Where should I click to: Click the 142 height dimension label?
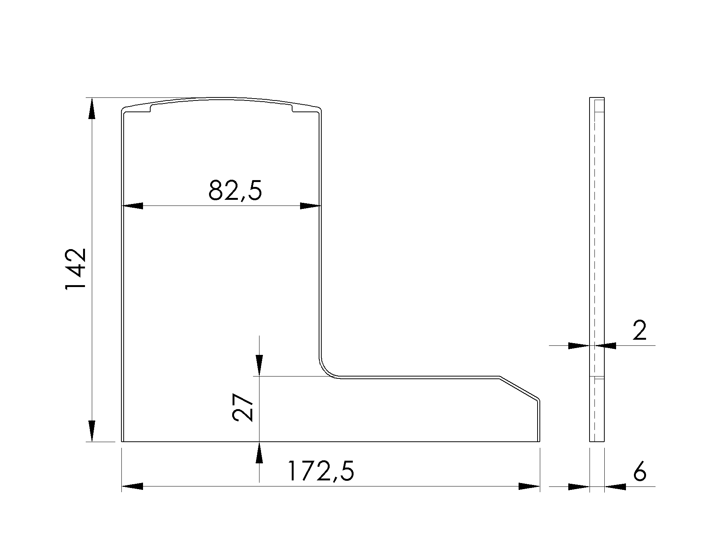[76, 270]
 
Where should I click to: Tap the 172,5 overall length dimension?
[321, 471]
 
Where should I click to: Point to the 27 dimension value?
[242, 407]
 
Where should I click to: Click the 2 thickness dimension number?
[640, 331]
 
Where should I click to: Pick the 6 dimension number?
[640, 471]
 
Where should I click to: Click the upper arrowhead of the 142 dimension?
[91, 110]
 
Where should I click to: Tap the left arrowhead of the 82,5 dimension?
[132, 206]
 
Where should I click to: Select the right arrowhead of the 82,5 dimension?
[310, 206]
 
